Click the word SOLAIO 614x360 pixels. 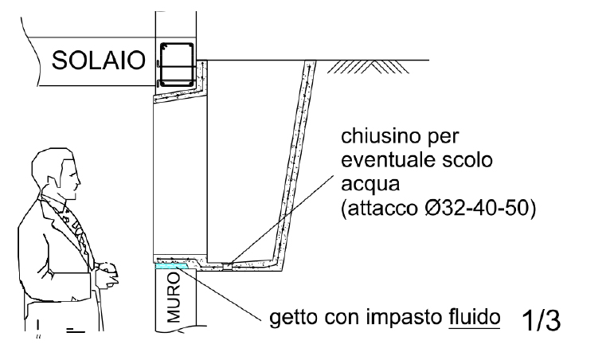[98, 61]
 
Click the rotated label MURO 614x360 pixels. [174, 297]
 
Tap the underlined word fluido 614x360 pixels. [474, 317]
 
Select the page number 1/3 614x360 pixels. [542, 320]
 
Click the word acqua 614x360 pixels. [370, 184]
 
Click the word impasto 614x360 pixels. [405, 318]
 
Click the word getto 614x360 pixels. [294, 317]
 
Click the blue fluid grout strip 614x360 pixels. [172, 266]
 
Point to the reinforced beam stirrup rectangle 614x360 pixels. [177, 66]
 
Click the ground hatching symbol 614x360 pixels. [368, 67]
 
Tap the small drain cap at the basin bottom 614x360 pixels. [228, 266]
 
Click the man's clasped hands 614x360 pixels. [108, 274]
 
